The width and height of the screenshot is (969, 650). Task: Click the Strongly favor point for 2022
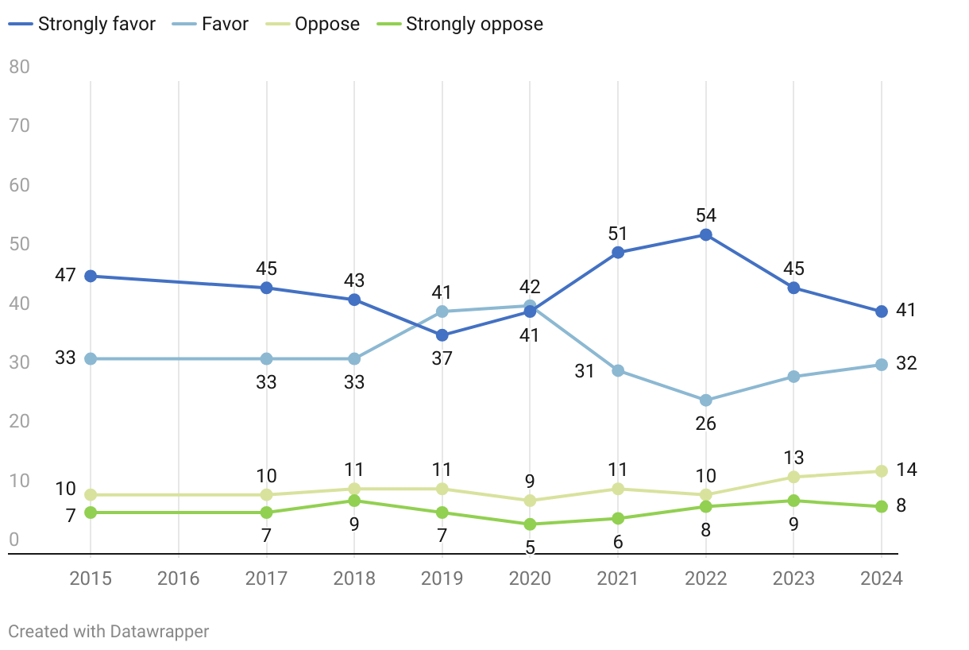[705, 235]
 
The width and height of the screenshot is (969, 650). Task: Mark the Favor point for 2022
[705, 400]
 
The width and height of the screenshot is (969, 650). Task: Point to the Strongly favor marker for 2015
[91, 277]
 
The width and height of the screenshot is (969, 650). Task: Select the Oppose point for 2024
[881, 471]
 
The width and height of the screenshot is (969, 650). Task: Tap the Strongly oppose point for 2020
[530, 524]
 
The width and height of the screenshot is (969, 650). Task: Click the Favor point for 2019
[442, 311]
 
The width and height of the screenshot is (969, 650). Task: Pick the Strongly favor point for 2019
[442, 335]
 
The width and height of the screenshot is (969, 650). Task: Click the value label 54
[705, 215]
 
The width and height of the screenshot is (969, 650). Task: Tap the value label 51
[617, 234]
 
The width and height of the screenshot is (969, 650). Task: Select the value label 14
[906, 470]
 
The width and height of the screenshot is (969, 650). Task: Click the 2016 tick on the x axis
[179, 578]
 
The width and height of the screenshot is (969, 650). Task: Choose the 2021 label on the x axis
[617, 578]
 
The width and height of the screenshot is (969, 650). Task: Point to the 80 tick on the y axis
[19, 67]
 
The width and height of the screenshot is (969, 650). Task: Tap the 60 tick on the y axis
[19, 185]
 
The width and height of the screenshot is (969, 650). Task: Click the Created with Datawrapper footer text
[109, 632]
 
